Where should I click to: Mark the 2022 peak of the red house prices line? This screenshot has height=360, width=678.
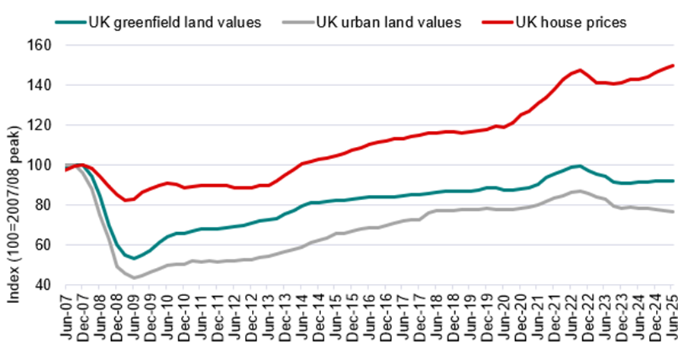tap(580, 70)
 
